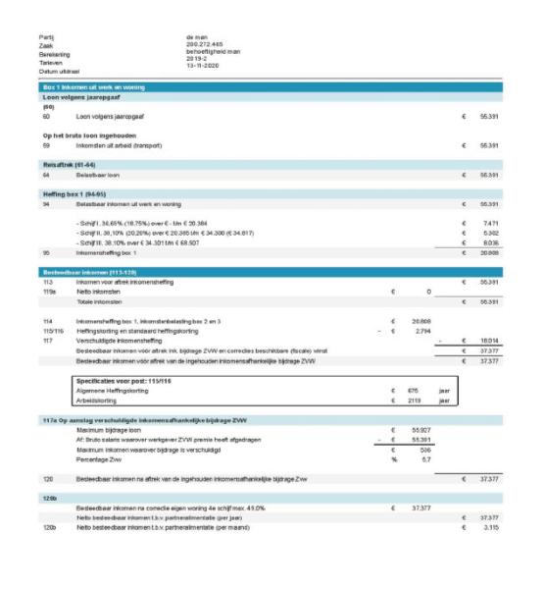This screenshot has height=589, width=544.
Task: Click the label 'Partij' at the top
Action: pos(45,37)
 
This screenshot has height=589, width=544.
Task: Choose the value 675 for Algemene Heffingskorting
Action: pos(414,390)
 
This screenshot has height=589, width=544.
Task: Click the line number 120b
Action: pos(49,527)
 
